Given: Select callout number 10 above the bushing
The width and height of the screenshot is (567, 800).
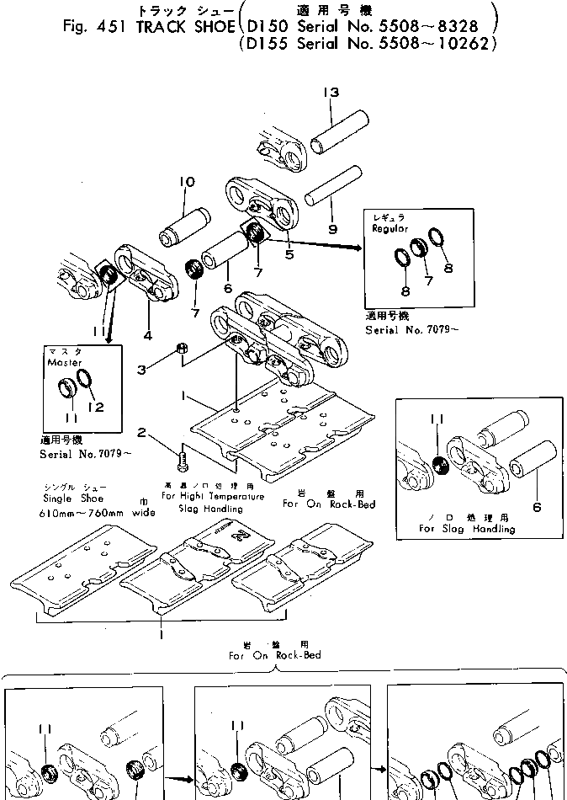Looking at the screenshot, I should point(187,182).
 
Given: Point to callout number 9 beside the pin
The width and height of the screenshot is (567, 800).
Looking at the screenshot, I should point(331,227).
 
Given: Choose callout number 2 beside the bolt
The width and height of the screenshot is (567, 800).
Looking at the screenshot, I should point(143,433).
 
